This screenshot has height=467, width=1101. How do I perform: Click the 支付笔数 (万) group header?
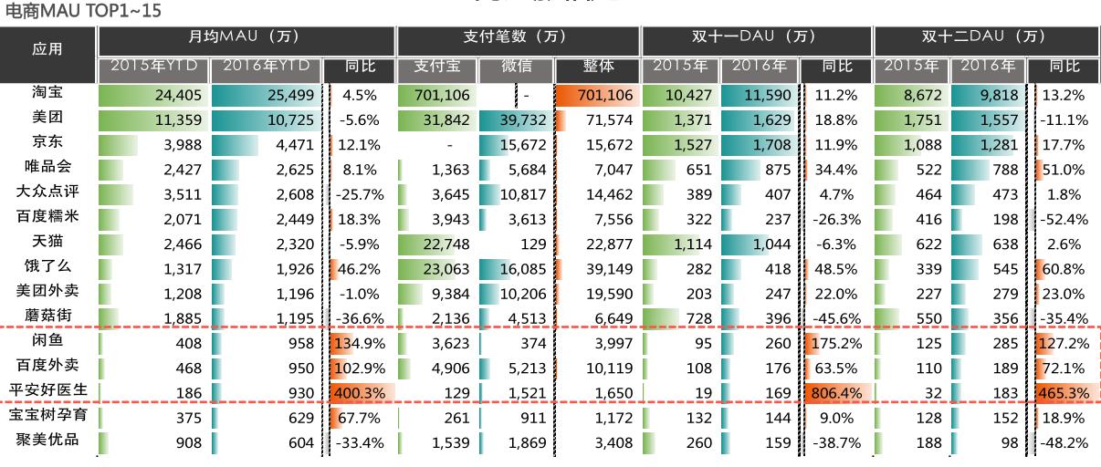tap(519, 37)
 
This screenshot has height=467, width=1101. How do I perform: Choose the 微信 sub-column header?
tap(514, 67)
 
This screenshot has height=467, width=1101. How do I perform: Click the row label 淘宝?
tap(47, 93)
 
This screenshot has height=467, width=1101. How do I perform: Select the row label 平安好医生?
tap(47, 389)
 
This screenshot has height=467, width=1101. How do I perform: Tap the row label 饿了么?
tap(47, 266)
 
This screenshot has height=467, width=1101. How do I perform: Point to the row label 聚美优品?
tap(47, 440)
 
